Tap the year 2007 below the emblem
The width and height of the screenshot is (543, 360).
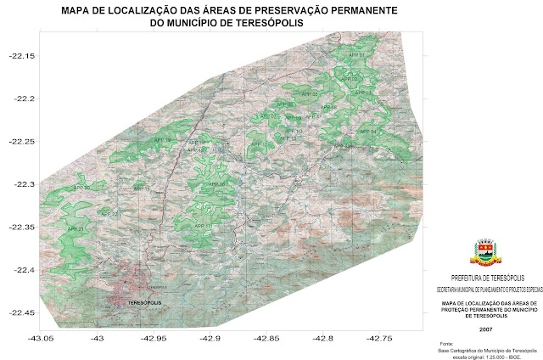pyautogui.click(x=485, y=329)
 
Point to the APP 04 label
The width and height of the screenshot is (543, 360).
pyautogui.click(x=367, y=132)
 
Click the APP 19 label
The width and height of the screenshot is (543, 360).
pyautogui.click(x=162, y=140)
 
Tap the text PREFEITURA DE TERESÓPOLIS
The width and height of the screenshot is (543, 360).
pyautogui.click(x=485, y=278)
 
